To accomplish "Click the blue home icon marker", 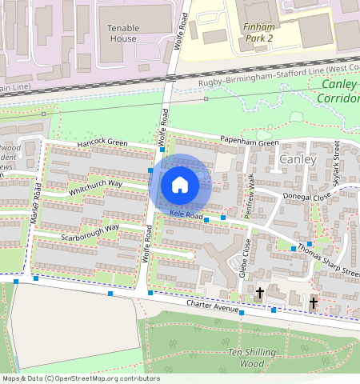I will (180, 186).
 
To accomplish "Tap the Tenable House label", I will (123, 33).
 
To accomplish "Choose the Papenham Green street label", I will (250, 143).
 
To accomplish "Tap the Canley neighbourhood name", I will (299, 160).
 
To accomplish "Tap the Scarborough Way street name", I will (90, 232).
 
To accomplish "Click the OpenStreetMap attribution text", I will (80, 378).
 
